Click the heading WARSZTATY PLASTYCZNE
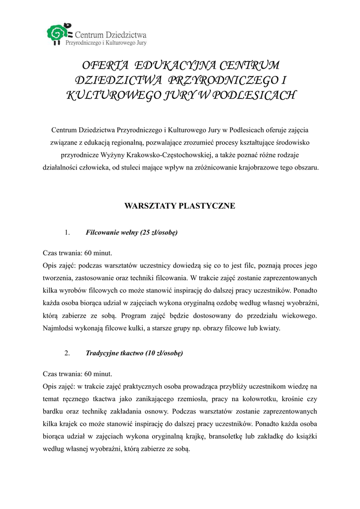pyautogui.click(x=180, y=205)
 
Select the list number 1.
pyautogui.click(x=68, y=232)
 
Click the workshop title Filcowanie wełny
pyautogui.click(x=112, y=232)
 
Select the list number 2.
pyautogui.click(x=68, y=353)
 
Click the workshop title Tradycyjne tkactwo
pyautogui.click(x=114, y=353)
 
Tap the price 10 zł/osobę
pyautogui.click(x=164, y=353)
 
